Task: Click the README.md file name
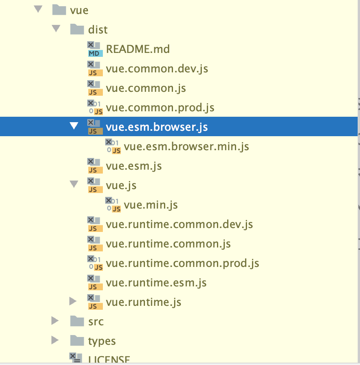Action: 138,49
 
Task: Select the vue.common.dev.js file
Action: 157,68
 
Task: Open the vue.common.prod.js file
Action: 160,107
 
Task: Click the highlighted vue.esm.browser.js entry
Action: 157,127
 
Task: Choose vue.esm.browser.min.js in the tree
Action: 186,146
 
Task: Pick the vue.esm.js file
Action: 134,166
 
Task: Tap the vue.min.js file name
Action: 151,205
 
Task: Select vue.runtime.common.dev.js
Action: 179,224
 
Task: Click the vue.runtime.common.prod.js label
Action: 182,263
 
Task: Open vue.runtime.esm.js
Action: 156,283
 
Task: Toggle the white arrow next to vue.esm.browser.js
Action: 74,126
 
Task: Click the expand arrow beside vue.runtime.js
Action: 73,301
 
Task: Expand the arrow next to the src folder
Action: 55,321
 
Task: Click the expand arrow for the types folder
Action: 55,340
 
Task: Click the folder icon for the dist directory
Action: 77,29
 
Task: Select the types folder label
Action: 102,341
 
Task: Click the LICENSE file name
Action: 109,360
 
